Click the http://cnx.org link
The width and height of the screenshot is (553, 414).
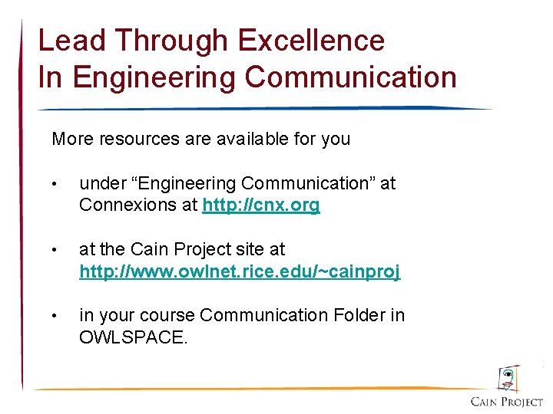coord(261,205)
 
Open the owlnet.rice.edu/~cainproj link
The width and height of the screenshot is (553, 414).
coord(240,271)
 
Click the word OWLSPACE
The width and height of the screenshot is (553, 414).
coord(133,337)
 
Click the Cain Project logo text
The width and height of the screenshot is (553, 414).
coord(506,402)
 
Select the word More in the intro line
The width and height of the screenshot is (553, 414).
coord(70,140)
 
